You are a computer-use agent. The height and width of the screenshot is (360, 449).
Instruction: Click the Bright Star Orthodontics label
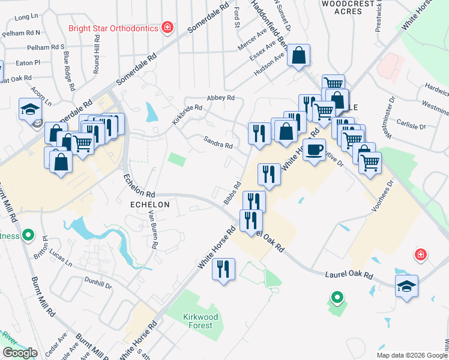tap(112, 28)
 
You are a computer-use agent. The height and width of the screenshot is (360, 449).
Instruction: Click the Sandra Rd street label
tap(218, 145)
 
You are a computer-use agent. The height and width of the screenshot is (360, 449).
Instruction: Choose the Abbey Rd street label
tap(220, 98)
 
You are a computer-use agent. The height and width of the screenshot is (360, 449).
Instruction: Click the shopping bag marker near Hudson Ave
tap(298, 56)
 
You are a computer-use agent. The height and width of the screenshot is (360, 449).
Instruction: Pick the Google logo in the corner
tap(20, 353)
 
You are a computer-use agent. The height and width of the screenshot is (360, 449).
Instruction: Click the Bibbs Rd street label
tap(232, 193)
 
